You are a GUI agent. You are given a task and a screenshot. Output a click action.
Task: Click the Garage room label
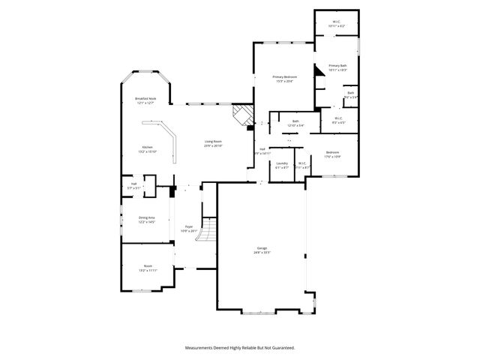click(262, 248)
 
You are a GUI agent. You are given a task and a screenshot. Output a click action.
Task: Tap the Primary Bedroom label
click(284, 77)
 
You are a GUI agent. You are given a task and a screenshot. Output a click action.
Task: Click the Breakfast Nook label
click(145, 98)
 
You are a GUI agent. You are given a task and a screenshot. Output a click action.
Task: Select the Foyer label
click(188, 227)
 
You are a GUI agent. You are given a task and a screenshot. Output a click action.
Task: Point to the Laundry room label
click(282, 163)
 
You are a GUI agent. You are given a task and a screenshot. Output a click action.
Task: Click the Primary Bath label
click(337, 66)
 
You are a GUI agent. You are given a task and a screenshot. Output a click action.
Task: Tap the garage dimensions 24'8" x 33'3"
click(262, 253)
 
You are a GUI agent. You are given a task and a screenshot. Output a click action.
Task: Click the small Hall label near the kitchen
click(133, 183)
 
